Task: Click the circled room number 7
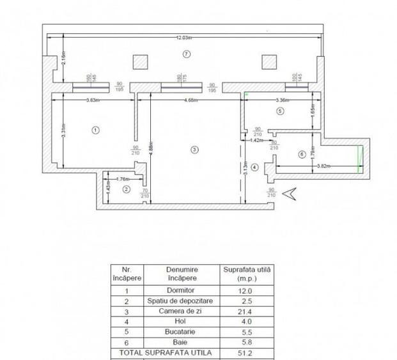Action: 186,54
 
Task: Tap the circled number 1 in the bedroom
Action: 95,130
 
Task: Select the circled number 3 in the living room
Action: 194,150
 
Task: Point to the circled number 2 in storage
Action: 126,189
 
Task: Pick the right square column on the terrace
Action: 269,61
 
